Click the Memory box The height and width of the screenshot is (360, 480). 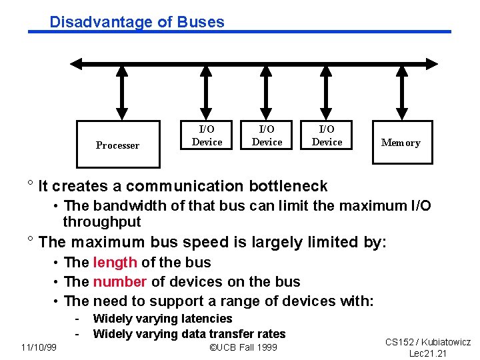pyautogui.click(x=400, y=143)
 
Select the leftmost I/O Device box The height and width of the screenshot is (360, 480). pyautogui.click(x=207, y=135)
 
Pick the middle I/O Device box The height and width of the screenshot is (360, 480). pyautogui.click(x=267, y=135)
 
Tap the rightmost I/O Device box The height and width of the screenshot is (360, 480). pyautogui.click(x=327, y=135)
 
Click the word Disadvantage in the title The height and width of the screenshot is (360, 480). pyautogui.click(x=101, y=22)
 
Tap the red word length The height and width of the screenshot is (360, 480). pyautogui.click(x=115, y=263)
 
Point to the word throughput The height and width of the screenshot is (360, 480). pyautogui.click(x=102, y=222)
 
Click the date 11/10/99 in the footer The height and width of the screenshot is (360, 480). pyautogui.click(x=39, y=347)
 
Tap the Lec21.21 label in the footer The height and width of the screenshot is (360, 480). pyautogui.click(x=428, y=353)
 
